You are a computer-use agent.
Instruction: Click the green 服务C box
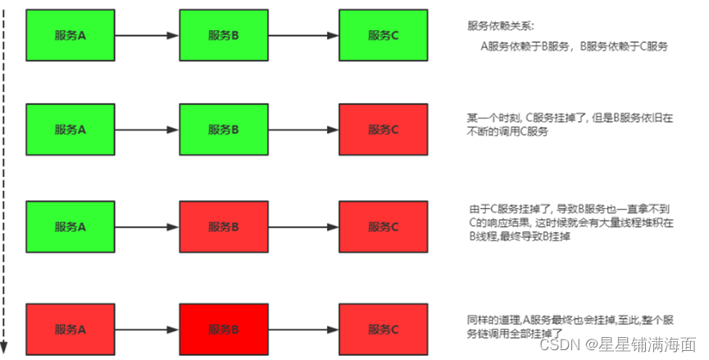point(383,34)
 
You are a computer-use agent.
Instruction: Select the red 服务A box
point(70,329)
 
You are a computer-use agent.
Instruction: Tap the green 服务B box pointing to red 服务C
point(224,130)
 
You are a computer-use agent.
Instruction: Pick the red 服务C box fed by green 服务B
point(383,130)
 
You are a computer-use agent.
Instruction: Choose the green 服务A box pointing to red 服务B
point(70,226)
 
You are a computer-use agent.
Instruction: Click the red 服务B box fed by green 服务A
point(224,226)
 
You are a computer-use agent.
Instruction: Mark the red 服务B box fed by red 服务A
point(224,329)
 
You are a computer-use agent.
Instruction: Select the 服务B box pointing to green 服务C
point(224,34)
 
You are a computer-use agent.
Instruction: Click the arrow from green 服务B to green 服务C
point(303,35)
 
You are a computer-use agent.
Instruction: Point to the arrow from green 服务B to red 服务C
point(303,130)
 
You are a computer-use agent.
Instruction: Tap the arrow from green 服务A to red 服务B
point(146,226)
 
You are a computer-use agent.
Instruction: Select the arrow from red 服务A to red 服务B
point(146,329)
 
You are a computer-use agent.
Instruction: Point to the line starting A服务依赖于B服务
point(575,47)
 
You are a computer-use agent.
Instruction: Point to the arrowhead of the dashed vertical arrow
point(5,348)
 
